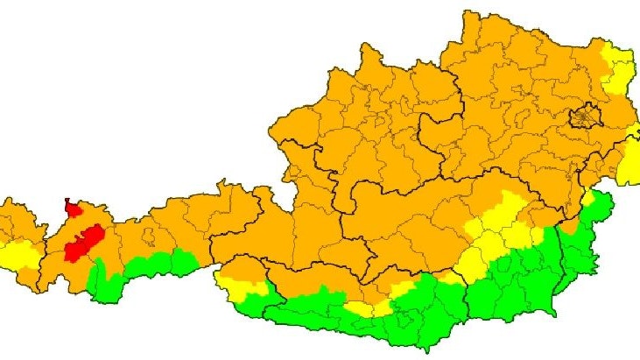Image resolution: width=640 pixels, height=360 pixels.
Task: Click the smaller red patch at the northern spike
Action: (x=73, y=208)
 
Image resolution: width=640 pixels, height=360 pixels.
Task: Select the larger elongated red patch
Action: (x=83, y=242)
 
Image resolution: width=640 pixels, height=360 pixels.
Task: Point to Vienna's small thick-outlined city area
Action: (x=585, y=116)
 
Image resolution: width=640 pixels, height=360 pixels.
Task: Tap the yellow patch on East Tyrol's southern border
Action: (x=232, y=284)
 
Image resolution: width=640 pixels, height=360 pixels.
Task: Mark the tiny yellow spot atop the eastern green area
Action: (x=602, y=194)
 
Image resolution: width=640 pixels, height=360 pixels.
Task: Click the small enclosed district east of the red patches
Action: (x=150, y=236)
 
